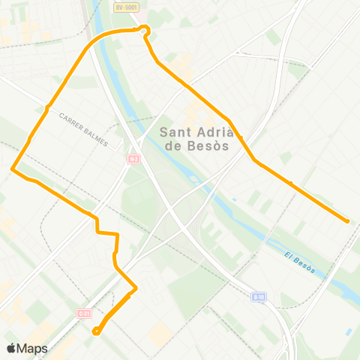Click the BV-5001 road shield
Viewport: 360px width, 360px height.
[127, 7]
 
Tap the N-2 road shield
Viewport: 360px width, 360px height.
[133, 158]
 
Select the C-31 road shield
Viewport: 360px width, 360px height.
[84, 314]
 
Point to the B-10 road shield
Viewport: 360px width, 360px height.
[259, 296]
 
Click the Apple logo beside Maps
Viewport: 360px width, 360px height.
[11, 348]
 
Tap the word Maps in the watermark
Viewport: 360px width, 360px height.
[32, 348]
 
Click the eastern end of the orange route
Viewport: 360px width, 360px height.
[348, 220]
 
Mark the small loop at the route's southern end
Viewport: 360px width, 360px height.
[96, 331]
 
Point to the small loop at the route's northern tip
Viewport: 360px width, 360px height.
[145, 29]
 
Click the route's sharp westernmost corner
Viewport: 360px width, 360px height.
[12, 169]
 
